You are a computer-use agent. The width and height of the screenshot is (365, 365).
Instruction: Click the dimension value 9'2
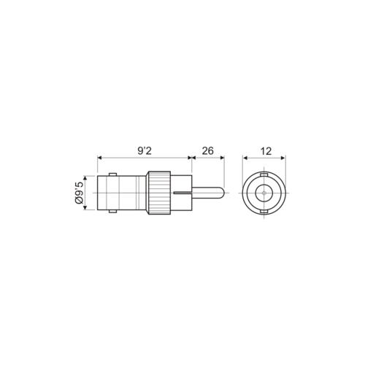click(145, 151)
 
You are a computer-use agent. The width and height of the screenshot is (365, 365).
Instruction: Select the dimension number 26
click(207, 151)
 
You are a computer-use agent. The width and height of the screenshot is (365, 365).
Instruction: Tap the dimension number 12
click(266, 151)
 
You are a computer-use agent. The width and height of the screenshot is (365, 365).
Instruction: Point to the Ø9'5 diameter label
click(80, 193)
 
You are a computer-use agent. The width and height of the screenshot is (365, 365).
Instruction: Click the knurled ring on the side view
click(159, 193)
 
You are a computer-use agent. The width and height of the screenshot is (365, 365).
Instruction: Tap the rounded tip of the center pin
click(222, 193)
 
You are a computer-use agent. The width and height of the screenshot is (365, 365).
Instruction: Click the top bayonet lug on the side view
click(112, 174)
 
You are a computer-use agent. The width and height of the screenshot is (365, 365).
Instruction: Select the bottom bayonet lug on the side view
click(112, 211)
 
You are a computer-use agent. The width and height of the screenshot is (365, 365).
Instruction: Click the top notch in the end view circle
click(264, 175)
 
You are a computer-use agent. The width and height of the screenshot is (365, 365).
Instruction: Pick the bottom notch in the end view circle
click(264, 211)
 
